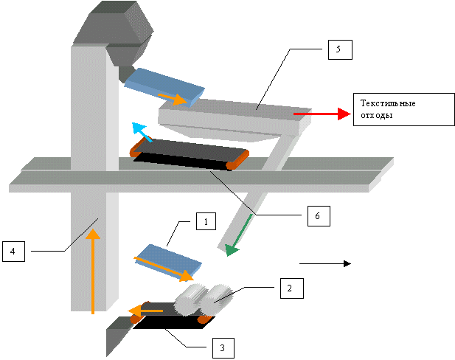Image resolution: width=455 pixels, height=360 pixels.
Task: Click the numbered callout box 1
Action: [x=206, y=220]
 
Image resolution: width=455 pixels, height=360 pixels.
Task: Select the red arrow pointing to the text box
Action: [x=320, y=114]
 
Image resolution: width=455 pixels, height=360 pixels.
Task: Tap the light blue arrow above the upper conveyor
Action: [x=140, y=131]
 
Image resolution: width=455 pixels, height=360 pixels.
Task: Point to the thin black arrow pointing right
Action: [x=324, y=263]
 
